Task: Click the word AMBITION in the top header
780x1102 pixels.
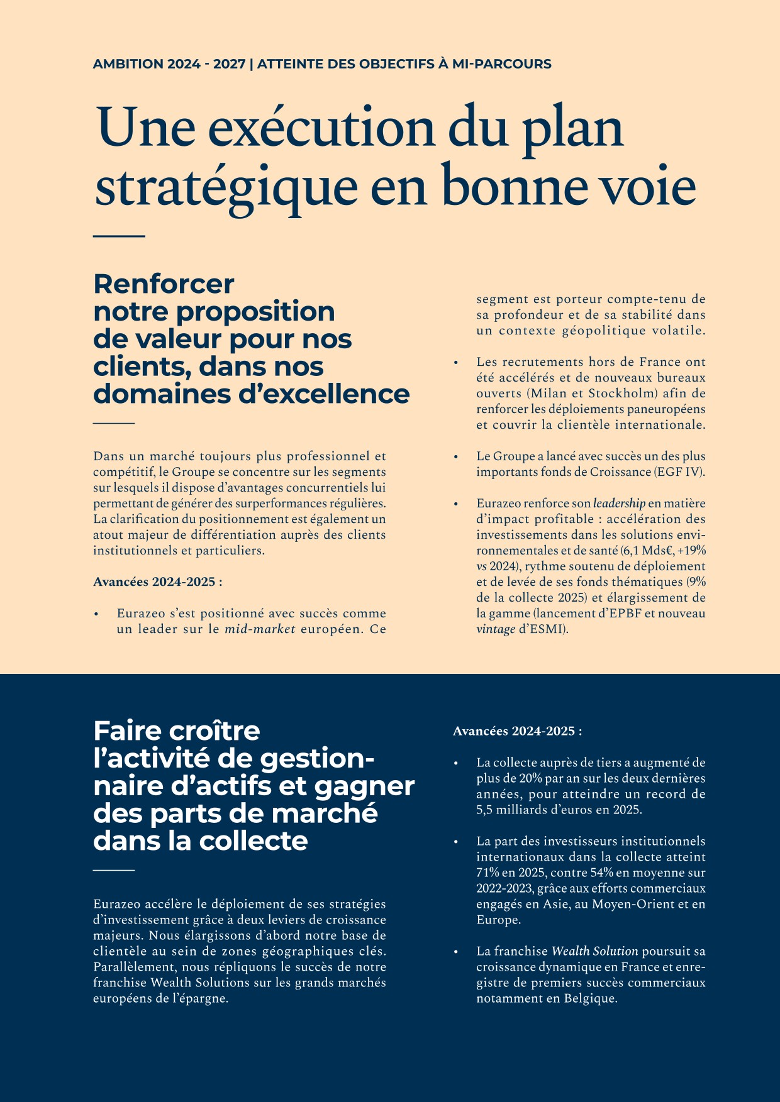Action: coord(128,64)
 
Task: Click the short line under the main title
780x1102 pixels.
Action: coord(119,236)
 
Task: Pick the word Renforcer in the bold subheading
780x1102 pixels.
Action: coord(164,284)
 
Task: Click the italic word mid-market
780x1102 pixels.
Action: coord(260,629)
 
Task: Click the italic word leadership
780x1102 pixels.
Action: coord(619,504)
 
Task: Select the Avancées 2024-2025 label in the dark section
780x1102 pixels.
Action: coord(517,731)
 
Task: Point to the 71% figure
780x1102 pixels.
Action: coord(487,873)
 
